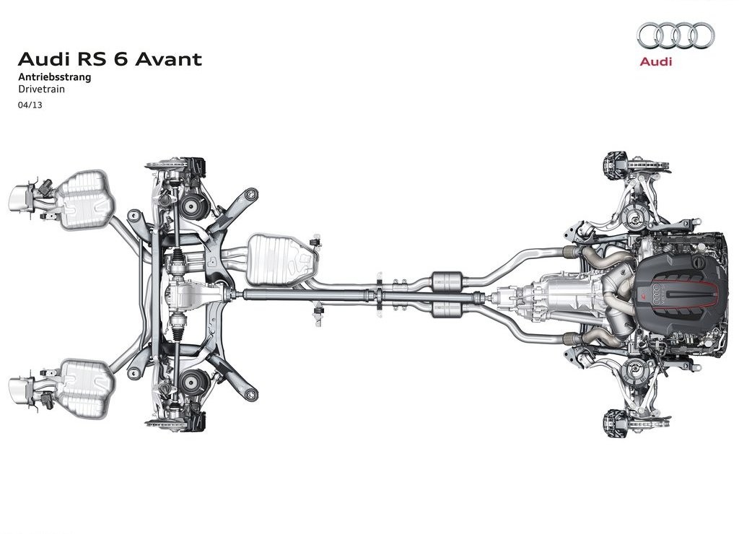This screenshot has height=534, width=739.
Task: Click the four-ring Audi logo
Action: tap(675, 35)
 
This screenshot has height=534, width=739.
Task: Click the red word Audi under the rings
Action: tap(655, 61)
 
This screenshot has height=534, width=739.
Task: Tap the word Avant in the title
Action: tap(168, 59)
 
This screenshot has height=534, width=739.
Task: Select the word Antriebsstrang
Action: tap(55, 76)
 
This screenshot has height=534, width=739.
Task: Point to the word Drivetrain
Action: tap(41, 89)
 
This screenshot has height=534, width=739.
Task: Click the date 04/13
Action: tap(30, 105)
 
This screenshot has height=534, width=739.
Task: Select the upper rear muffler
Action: tap(85, 201)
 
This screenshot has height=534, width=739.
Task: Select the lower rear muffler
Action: tap(85, 388)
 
